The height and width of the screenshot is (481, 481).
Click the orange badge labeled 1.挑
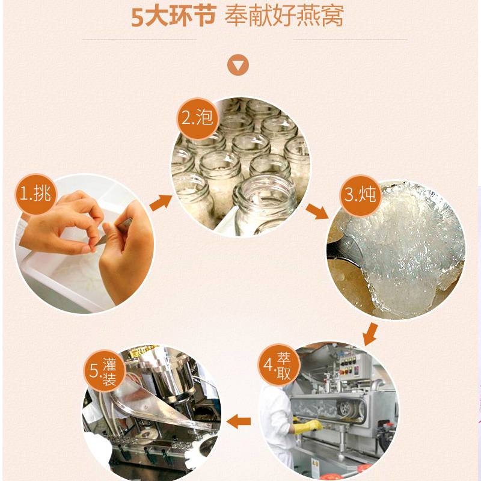click(36, 194)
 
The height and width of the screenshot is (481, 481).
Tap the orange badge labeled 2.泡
click(198, 118)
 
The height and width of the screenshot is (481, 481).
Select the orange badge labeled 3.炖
click(360, 195)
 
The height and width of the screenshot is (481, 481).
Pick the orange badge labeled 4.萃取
click(278, 364)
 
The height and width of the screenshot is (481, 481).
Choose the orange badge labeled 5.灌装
click(105, 371)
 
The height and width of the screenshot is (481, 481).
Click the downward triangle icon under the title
click(238, 65)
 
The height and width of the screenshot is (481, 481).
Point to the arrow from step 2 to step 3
click(317, 211)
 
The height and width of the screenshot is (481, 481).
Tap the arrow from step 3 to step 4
click(370, 334)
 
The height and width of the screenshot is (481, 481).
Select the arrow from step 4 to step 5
click(239, 421)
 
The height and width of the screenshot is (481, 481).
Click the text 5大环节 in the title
click(174, 17)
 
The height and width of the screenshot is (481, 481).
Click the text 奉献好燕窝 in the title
click(284, 17)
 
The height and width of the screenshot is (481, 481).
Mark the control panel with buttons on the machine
click(348, 364)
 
